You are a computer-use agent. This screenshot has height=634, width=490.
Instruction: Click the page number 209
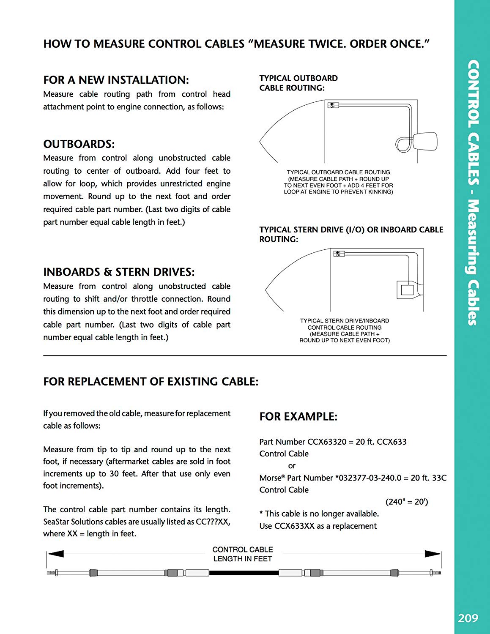[468, 618]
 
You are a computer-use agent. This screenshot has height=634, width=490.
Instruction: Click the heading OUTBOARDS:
[79, 144]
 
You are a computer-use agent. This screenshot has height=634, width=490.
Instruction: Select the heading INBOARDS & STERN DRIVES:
[119, 272]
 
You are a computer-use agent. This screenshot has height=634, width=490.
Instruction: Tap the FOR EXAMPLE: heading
[298, 417]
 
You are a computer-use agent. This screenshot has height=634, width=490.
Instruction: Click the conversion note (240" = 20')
[407, 502]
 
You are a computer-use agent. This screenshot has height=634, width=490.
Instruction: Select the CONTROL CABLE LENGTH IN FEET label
[243, 554]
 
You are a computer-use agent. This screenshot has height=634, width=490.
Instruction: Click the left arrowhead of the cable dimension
[55, 554]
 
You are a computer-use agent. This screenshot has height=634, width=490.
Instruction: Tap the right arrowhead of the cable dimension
[433, 554]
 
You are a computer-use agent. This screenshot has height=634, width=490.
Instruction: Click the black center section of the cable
[244, 573]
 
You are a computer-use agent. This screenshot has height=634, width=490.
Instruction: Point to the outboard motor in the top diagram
[425, 142]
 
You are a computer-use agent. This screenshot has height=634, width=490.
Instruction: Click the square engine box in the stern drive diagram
[407, 290]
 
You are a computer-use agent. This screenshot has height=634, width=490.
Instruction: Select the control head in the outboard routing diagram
[333, 105]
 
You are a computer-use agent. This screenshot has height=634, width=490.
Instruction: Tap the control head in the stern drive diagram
[339, 254]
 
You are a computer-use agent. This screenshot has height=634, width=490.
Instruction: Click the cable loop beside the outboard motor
[403, 144]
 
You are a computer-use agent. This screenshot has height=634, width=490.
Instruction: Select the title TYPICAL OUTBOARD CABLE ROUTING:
[298, 83]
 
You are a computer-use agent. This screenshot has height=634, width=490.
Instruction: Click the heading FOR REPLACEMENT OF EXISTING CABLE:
[151, 382]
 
